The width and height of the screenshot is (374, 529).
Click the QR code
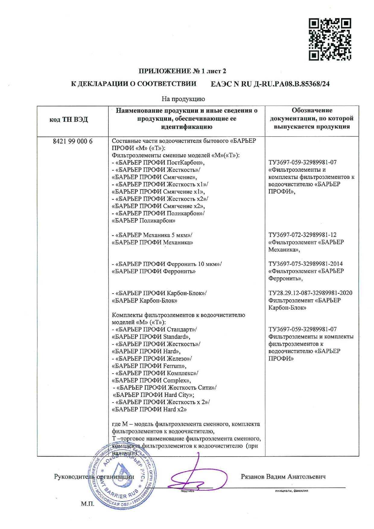(330, 39)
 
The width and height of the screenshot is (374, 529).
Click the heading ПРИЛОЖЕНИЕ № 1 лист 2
(182, 71)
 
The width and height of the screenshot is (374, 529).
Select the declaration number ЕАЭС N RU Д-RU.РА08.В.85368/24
(270, 84)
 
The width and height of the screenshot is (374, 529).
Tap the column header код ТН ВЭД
(68, 120)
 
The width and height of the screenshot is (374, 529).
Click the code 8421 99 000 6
(73, 141)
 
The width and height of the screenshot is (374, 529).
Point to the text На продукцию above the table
(183, 99)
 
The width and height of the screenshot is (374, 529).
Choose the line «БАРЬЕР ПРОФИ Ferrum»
(149, 366)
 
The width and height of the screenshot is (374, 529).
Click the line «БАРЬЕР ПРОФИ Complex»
(151, 380)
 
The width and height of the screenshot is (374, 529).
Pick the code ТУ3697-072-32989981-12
(303, 235)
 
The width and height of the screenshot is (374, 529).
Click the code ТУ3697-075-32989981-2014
(306, 264)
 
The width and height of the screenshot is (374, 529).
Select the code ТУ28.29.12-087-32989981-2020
(310, 293)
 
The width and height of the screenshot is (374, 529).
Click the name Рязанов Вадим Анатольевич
(283, 477)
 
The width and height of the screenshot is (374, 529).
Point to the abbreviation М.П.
(87, 504)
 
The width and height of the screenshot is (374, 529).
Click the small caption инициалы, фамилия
(291, 491)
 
